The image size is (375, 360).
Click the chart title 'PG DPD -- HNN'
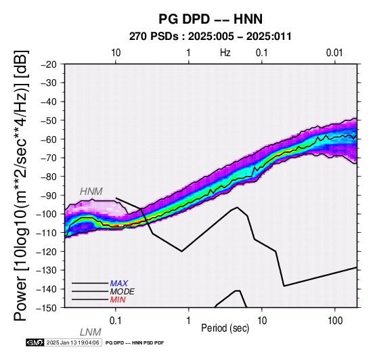point(211,19)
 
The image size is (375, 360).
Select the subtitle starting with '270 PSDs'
point(211,37)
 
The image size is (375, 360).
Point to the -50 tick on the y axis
point(49,120)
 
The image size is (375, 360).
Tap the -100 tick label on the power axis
point(47,214)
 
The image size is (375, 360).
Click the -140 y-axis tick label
point(47,289)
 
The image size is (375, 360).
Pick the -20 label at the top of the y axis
point(49,64)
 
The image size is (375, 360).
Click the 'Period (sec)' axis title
point(225,328)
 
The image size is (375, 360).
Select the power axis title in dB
point(21,185)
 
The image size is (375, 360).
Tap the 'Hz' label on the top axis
point(225,53)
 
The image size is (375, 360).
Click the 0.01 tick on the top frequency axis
point(334,53)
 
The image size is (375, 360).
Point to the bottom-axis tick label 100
point(335,321)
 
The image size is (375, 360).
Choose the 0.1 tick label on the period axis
point(116,321)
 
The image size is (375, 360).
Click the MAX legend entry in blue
point(118,284)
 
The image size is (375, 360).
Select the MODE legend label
point(123,292)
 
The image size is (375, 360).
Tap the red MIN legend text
point(118,300)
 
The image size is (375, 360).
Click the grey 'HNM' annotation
point(91,192)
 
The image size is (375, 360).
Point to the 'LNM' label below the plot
point(91,332)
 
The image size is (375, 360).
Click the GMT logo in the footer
point(35,342)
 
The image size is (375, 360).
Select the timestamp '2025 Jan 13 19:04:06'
point(72,342)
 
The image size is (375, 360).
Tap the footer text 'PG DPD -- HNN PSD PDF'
point(135,343)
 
